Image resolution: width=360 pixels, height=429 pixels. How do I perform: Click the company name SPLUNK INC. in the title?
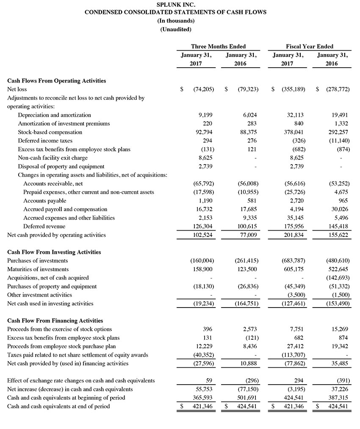click(x=176, y=4)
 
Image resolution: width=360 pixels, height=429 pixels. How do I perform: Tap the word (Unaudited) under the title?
click(x=176, y=29)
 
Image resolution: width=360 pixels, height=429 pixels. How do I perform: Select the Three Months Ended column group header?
click(x=218, y=47)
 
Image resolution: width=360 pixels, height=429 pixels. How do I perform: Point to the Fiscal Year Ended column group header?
click(x=310, y=47)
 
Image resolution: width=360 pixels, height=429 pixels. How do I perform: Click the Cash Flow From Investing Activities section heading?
click(x=54, y=252)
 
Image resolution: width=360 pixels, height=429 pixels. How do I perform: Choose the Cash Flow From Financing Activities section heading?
click(x=55, y=321)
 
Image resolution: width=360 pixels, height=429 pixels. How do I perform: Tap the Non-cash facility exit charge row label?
click(x=53, y=158)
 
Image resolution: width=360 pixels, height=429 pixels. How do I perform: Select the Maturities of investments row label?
click(x=38, y=269)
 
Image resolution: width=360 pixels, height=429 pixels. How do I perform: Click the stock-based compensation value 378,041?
click(x=293, y=132)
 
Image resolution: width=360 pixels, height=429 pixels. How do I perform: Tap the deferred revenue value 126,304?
click(x=203, y=226)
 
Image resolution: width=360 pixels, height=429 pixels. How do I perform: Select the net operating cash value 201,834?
click(x=293, y=235)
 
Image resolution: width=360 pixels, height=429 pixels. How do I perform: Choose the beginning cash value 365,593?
click(x=203, y=398)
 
